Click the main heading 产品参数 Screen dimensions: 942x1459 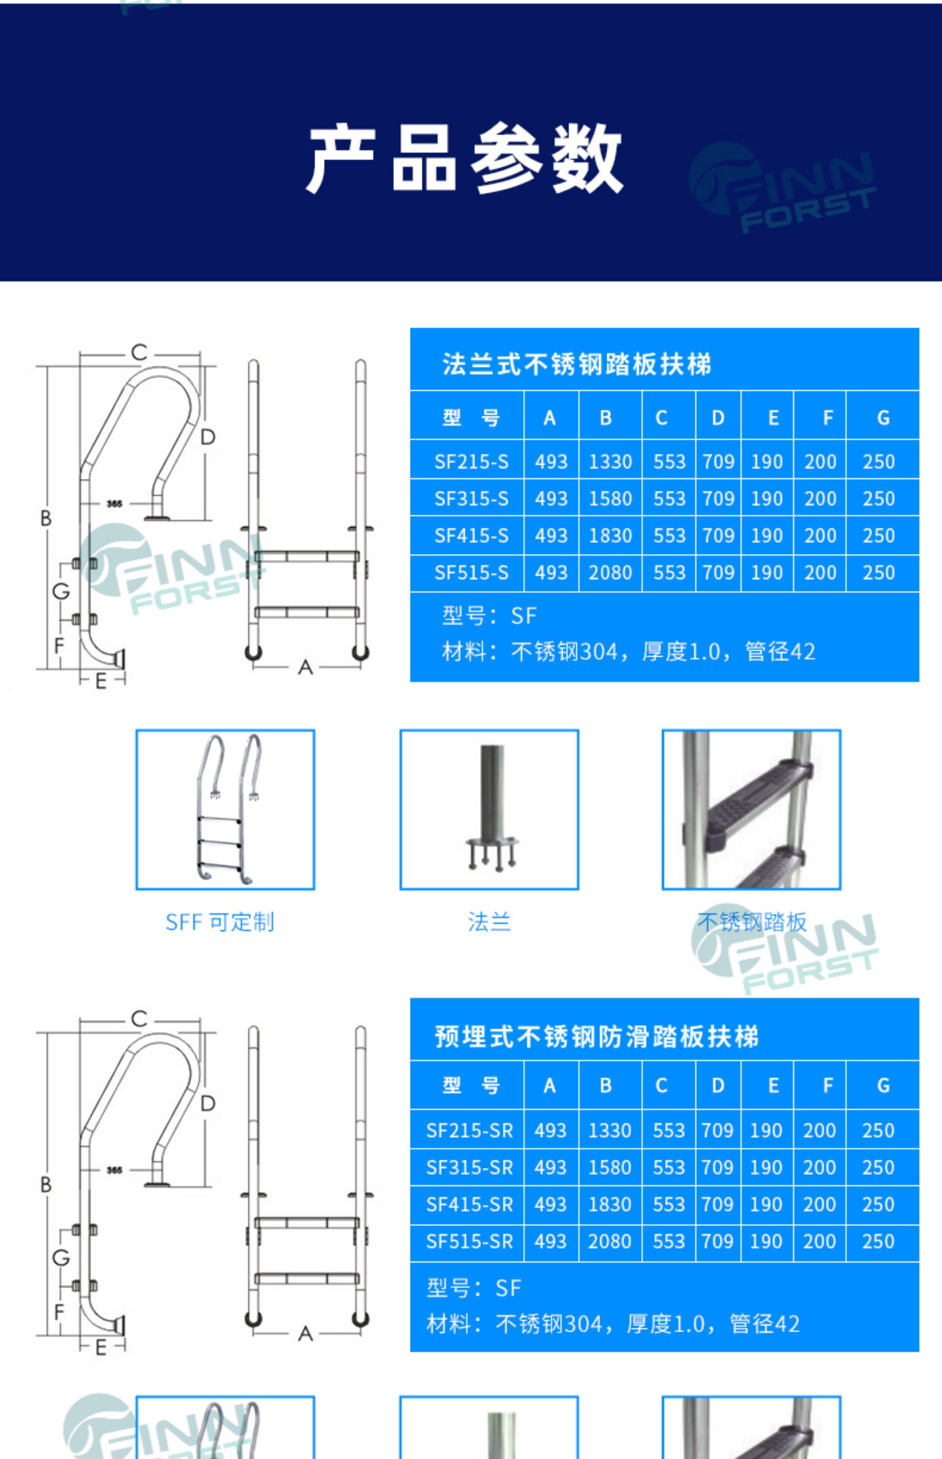(465, 158)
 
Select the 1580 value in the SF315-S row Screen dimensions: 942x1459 (610, 498)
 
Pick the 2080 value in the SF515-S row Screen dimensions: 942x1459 (610, 573)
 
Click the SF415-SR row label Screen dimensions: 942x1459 (469, 1204)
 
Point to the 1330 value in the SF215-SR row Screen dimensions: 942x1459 (609, 1130)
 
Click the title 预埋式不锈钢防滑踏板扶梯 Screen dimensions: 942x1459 (596, 1036)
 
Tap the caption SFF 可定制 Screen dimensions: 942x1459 (220, 922)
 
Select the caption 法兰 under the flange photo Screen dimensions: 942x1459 (489, 921)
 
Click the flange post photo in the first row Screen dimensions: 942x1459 (489, 809)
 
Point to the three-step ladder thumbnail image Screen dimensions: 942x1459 (225, 809)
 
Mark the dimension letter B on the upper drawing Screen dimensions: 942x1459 (46, 518)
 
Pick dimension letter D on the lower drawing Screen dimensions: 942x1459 (208, 1103)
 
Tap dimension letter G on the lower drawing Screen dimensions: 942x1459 (60, 1258)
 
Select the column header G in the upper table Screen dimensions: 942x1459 (883, 418)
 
